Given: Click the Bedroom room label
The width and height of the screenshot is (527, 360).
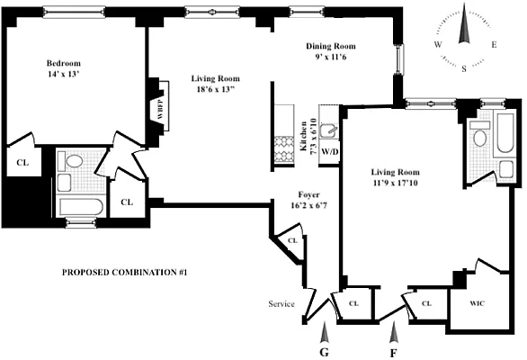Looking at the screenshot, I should click(x=64, y=63).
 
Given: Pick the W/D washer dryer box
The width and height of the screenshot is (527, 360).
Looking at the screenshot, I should click(x=329, y=151).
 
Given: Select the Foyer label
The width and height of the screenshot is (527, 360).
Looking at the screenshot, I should click(x=309, y=194).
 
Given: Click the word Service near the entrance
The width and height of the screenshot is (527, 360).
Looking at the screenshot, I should click(x=281, y=304).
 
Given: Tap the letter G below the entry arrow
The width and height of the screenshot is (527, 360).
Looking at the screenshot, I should click(x=324, y=351).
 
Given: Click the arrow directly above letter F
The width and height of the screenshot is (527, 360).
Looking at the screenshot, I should click(x=393, y=333).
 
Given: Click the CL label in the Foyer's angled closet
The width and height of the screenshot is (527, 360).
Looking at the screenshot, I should click(x=291, y=242).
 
